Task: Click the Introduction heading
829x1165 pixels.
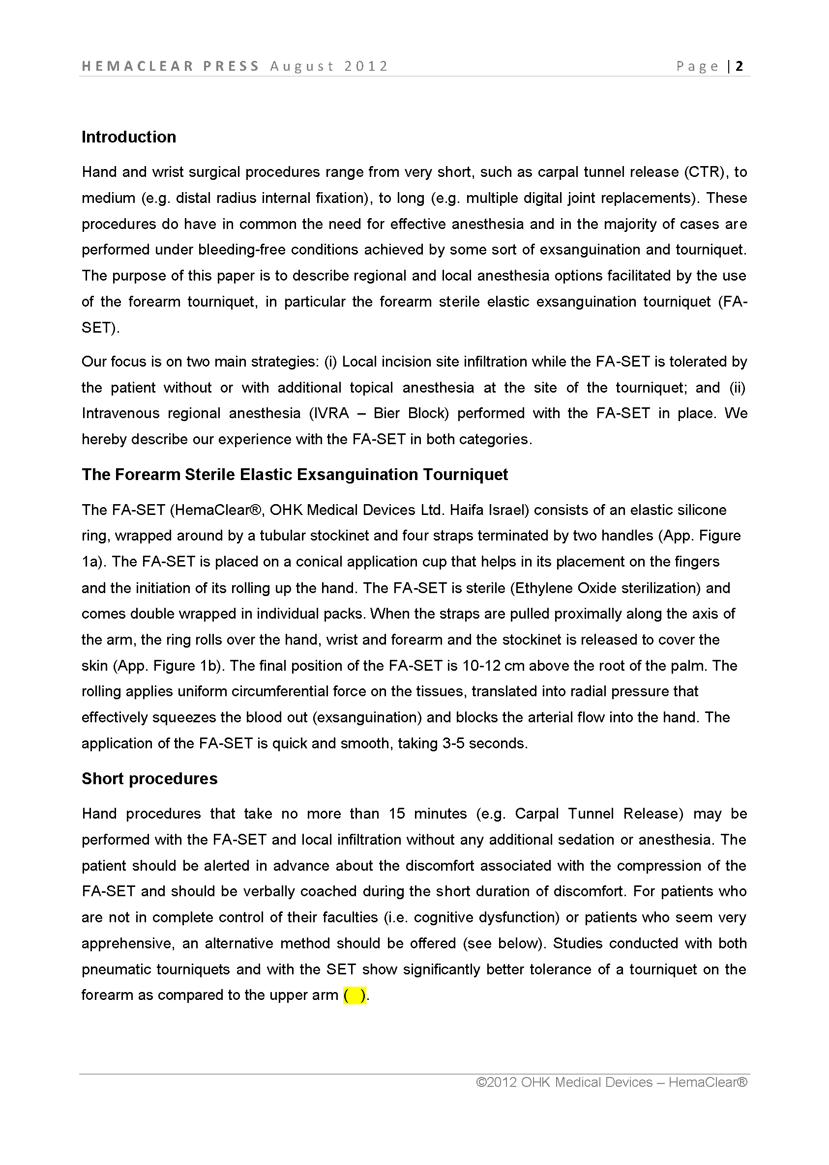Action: (x=129, y=137)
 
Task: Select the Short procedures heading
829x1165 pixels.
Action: (x=149, y=778)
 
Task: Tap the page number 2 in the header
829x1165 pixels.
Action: (x=739, y=66)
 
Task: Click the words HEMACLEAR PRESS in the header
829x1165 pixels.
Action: (x=171, y=66)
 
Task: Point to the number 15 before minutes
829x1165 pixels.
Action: (x=397, y=814)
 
